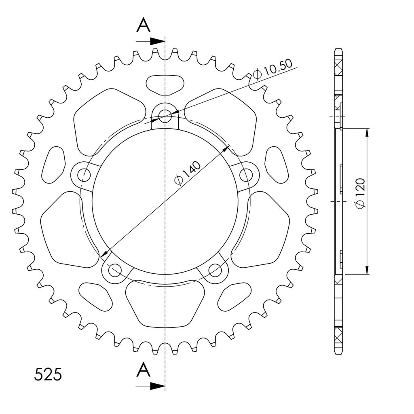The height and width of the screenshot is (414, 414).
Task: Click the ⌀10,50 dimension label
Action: pos(272,69)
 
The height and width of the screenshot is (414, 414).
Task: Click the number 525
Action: pos(48,374)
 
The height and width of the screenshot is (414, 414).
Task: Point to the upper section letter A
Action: pos(144,25)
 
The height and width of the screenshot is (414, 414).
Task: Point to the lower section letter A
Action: pos(144,370)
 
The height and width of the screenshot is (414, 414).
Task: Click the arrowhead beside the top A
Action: pos(157,41)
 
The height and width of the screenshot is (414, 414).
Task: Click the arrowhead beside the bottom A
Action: pos(157,386)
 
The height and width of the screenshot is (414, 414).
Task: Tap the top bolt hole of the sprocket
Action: pos(165,115)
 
